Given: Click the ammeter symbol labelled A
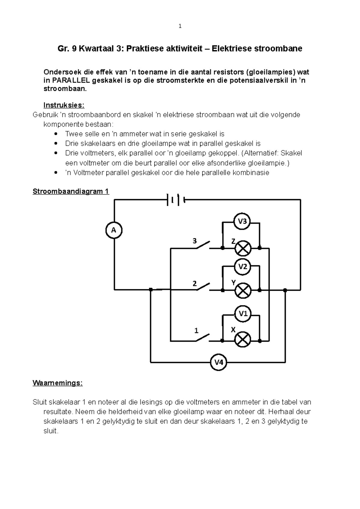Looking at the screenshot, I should (x=114, y=230).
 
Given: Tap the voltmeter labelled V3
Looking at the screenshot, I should (x=242, y=222).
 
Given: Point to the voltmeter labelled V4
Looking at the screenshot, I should (x=218, y=362).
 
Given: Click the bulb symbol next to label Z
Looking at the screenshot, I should (x=243, y=248).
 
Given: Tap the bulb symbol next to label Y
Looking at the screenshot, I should (x=243, y=290).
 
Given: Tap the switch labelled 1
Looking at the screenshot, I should (x=202, y=338).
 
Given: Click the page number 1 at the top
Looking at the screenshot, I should (x=180, y=26).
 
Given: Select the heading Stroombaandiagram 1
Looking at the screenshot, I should (x=71, y=191).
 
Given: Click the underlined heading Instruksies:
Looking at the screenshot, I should (x=64, y=105).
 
